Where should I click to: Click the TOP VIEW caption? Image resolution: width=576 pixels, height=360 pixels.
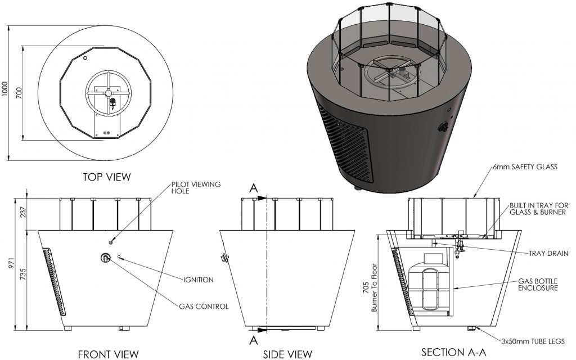coord(107,177)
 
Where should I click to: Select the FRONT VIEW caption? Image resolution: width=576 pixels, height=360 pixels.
coord(107,353)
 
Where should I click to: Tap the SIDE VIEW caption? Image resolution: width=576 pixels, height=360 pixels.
coord(287,353)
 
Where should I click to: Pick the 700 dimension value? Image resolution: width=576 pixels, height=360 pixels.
coord(20,92)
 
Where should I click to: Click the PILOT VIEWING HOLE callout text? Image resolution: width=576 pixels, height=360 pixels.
coord(192,187)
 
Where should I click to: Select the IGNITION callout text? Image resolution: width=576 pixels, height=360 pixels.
coord(198,279)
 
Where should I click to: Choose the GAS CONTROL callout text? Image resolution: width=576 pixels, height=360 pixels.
coord(203,307)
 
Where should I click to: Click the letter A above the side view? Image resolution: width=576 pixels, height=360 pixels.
coord(253,187)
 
